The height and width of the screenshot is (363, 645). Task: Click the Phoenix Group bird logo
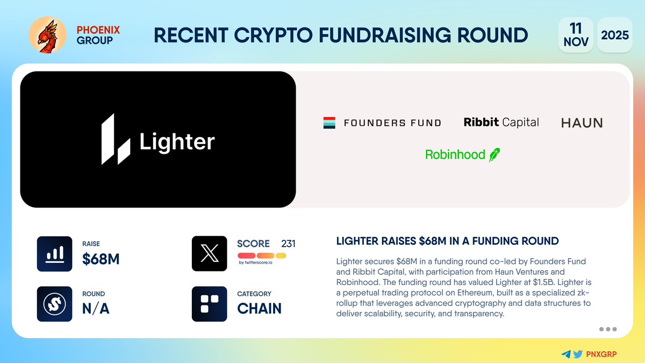point(47,35)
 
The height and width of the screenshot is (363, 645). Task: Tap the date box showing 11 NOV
point(576,35)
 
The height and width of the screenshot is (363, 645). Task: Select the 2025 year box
point(615,35)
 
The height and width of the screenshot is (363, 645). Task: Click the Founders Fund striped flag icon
point(329,123)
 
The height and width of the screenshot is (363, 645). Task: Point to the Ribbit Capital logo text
point(501,123)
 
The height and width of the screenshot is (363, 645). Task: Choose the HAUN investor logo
point(582,123)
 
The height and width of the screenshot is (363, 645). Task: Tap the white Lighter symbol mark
point(116,139)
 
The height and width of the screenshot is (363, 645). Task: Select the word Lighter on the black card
point(177,142)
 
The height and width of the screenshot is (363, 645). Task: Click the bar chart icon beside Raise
point(54,254)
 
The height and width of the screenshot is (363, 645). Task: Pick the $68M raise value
point(101,259)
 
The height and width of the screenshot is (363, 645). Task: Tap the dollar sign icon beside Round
point(54,304)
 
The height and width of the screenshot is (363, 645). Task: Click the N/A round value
point(96,309)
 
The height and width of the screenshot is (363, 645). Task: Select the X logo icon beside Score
point(209,254)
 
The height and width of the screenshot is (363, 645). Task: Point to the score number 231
point(288,244)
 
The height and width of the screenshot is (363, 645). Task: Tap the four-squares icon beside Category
point(209,304)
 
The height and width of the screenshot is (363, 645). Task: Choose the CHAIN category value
point(259,309)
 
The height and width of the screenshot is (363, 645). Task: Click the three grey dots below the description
point(607,329)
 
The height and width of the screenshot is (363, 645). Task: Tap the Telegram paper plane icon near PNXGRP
point(565,354)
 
